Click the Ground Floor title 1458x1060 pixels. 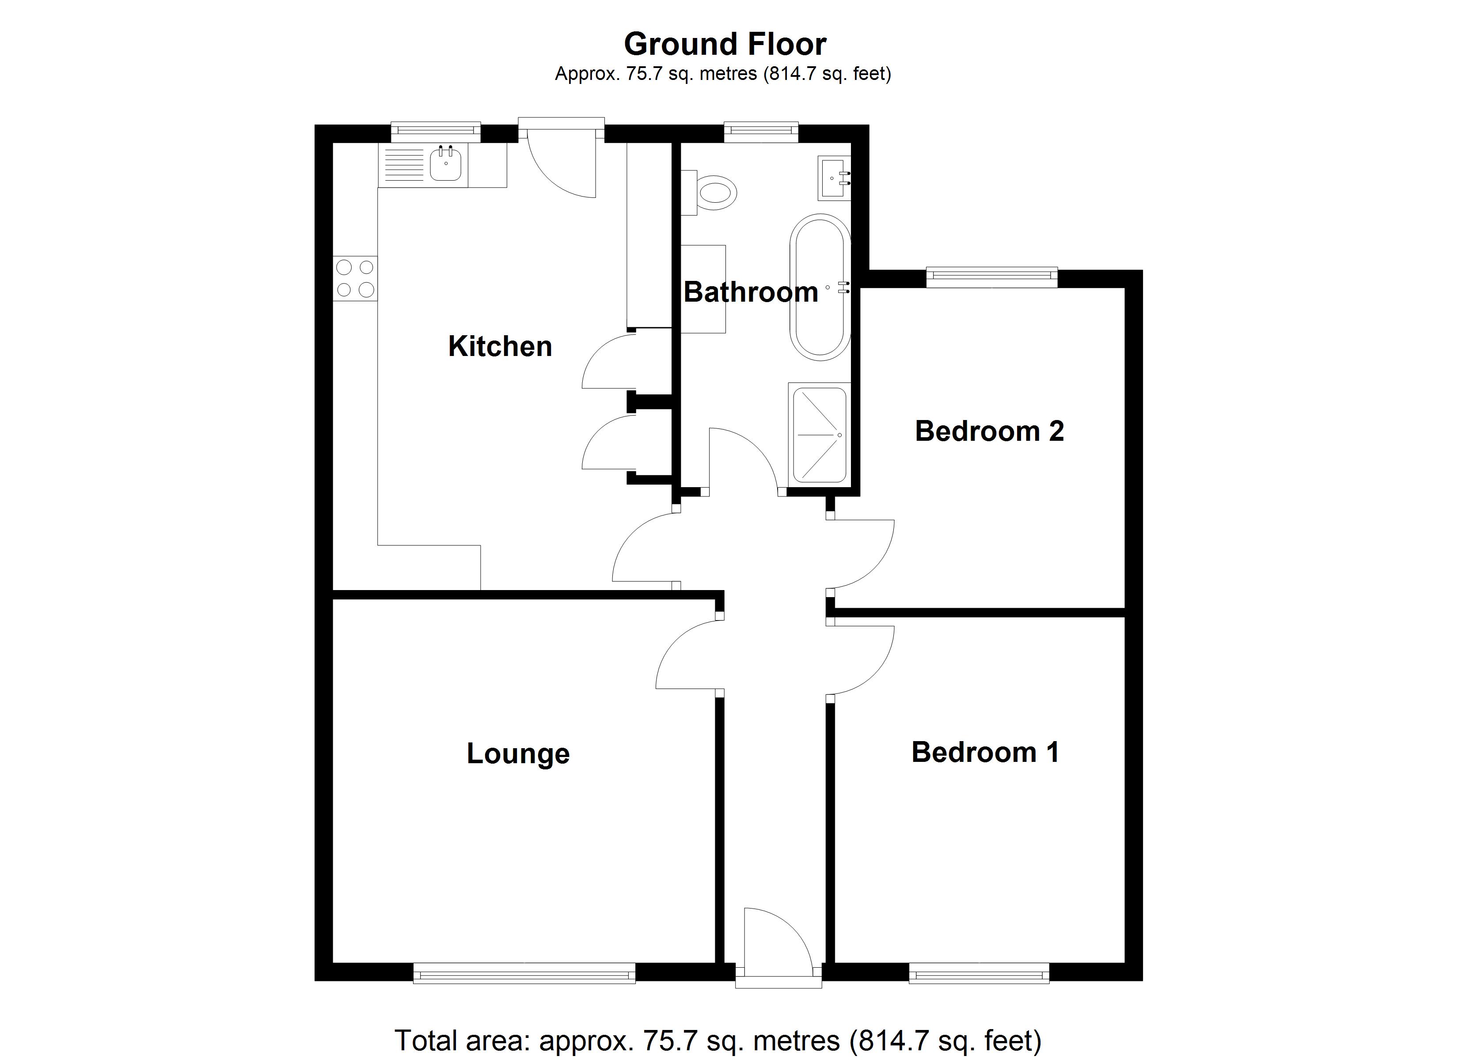725,44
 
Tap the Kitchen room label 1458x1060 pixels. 500,346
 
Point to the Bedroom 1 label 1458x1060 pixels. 985,752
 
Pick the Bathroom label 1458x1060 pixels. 750,292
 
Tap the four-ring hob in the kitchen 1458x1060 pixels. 355,278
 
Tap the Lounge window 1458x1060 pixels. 524,973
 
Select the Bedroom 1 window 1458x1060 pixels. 979,973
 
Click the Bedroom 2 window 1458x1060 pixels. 991,276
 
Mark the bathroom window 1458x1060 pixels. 760,132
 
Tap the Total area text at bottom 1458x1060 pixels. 718,1040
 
